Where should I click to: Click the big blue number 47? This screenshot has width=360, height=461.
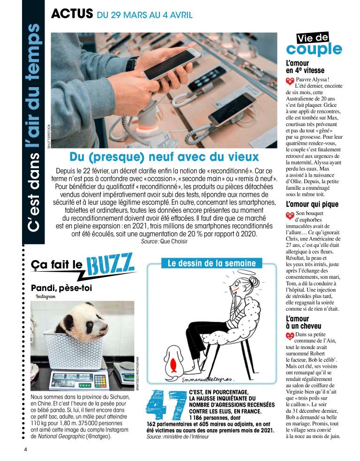coord(166,405)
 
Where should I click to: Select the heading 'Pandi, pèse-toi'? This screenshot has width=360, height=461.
coord(61,288)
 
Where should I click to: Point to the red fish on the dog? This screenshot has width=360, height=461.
coord(174,365)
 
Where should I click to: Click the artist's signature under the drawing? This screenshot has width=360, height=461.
coord(208,379)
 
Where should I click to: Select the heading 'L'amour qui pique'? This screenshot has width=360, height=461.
coord(312,204)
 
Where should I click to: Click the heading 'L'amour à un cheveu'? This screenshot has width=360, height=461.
coord(304,322)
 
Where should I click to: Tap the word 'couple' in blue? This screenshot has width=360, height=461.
coord(314,49)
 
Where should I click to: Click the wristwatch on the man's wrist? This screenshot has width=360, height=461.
coord(132,64)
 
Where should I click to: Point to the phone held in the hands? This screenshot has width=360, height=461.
coord(172,64)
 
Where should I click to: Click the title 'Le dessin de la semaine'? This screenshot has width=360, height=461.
coord(212,263)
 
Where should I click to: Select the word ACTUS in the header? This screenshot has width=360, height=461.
coord(72,14)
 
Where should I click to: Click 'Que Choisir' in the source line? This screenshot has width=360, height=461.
coord(174,241)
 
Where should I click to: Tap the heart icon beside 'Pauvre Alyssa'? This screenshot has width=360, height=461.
coord(290,81)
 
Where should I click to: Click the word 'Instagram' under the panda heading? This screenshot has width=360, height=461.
coord(45,297)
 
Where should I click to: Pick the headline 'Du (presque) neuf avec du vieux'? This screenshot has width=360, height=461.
coord(164,156)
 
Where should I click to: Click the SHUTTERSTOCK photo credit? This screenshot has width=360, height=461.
coord(49,136)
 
